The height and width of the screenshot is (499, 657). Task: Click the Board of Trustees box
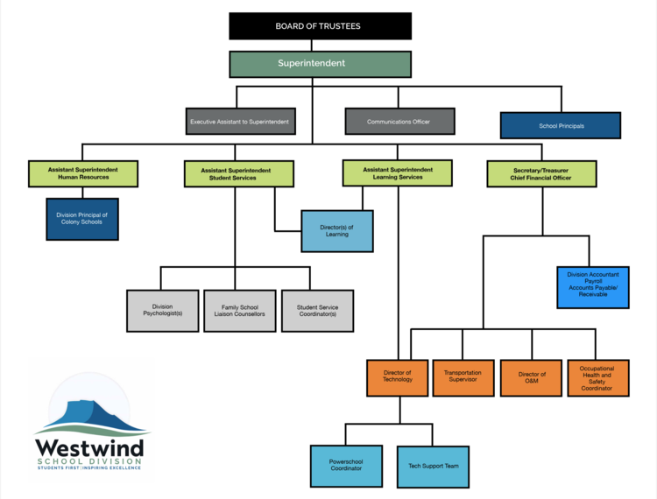320,26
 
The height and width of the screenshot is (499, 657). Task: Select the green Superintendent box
320,64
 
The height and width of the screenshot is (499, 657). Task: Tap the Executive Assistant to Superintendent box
239,122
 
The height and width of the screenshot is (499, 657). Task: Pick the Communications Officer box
399,122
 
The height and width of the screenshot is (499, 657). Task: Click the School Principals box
561,126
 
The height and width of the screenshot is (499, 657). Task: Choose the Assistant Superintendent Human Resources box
84,173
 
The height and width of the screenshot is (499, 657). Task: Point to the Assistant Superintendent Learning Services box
398,172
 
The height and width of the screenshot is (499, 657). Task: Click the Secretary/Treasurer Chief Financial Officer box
541,173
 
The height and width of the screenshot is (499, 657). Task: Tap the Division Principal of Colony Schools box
82,218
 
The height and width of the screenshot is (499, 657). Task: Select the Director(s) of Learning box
337,231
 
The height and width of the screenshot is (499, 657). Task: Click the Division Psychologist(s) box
162,311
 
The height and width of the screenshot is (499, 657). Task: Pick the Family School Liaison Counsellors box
239,311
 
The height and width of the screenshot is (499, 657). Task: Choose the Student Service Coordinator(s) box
317,311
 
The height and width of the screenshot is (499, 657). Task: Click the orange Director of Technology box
398,377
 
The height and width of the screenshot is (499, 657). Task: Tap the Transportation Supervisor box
463,377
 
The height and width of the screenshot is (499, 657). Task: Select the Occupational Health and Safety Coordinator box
597,377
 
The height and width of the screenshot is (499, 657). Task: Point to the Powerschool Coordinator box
345,466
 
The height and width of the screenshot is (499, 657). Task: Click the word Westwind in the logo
89,447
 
